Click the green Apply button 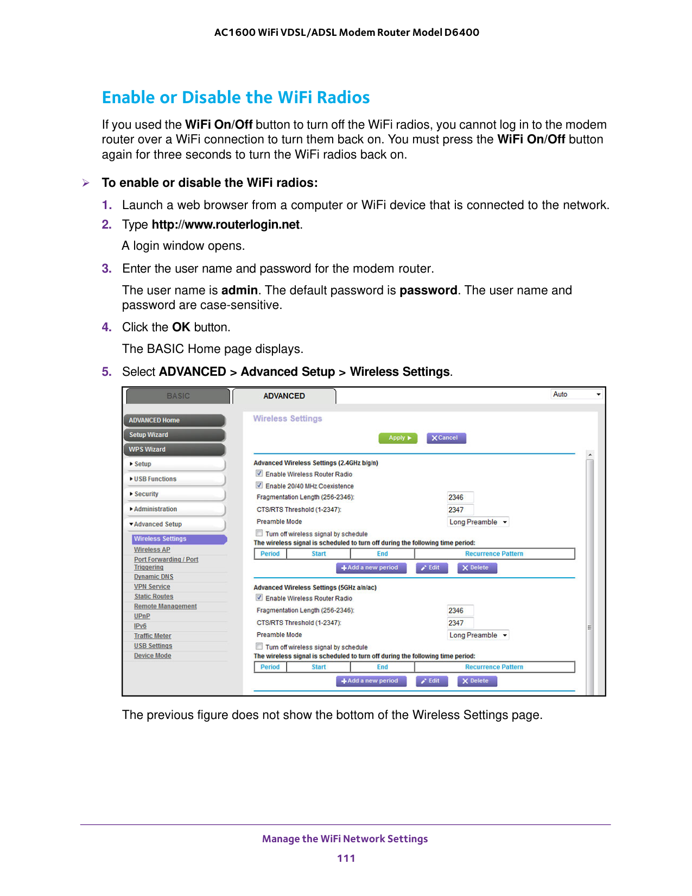tap(398, 438)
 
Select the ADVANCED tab tap(284, 396)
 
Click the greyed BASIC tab tap(178, 396)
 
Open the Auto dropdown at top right tap(576, 394)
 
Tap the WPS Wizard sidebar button tap(174, 449)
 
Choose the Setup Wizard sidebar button tap(174, 434)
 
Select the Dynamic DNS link tap(153, 577)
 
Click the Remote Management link tap(166, 606)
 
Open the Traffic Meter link tap(153, 636)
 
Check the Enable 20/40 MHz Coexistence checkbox tap(259, 485)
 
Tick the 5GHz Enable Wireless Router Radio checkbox tap(259, 597)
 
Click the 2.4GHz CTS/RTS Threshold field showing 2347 tap(460, 510)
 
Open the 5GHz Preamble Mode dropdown tap(478, 635)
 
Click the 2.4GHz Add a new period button tap(371, 568)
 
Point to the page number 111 tap(346, 859)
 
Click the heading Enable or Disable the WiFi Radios tap(236, 98)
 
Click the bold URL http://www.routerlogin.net tap(225, 224)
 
